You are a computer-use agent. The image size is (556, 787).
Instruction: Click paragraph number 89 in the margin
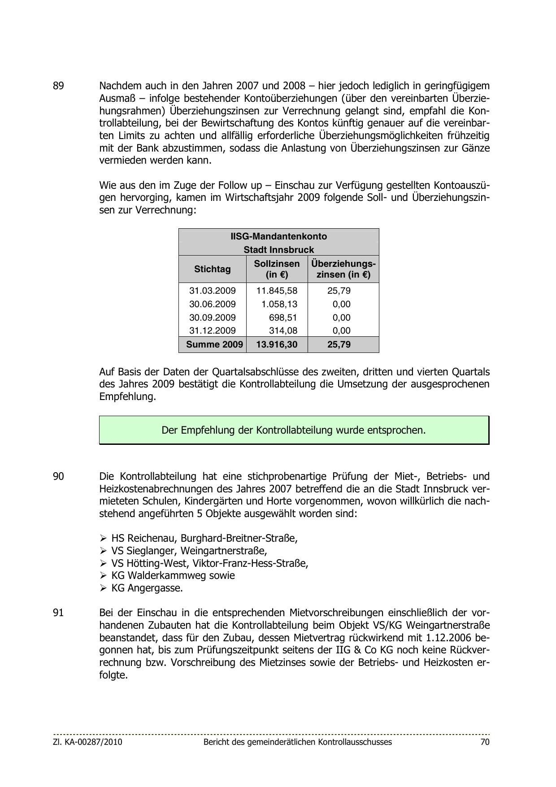click(x=58, y=86)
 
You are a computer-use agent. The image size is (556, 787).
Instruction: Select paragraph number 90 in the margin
click(x=58, y=476)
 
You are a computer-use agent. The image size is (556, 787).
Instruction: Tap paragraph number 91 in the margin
click(x=58, y=613)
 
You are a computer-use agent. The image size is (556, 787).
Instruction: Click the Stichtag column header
click(x=213, y=269)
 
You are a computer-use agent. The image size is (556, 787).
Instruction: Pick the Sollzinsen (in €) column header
click(x=277, y=269)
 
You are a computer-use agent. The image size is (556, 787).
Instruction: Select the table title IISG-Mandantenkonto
click(x=278, y=236)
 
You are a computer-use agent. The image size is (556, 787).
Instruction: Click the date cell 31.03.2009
click(x=213, y=291)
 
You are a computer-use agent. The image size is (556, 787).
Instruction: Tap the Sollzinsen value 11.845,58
click(x=277, y=291)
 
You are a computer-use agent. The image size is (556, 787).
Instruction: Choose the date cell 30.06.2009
click(x=213, y=304)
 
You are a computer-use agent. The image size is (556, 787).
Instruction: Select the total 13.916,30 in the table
click(x=277, y=344)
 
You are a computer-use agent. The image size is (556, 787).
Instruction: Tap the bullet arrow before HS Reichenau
click(x=103, y=538)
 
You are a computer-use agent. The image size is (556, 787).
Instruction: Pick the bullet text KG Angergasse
click(x=147, y=588)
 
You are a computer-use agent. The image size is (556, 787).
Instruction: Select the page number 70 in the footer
click(x=485, y=742)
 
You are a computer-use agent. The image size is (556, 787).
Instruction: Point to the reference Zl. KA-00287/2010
click(x=87, y=742)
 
